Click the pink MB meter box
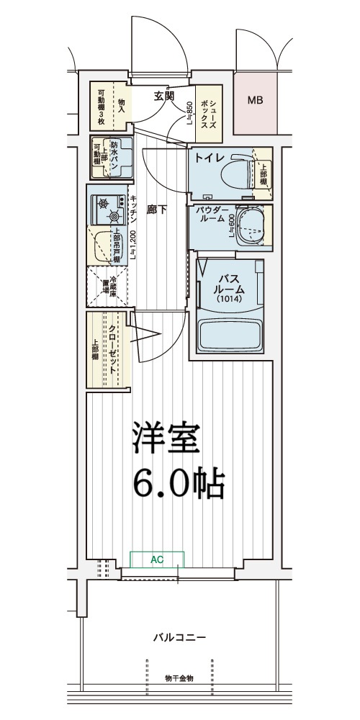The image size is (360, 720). tap(255, 101)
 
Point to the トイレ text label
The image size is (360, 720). tap(209, 157)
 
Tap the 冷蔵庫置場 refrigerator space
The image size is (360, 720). tap(107, 287)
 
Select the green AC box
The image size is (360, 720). tap(157, 558)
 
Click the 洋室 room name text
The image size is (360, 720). tap(165, 439)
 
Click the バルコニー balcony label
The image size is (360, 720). tap(179, 638)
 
